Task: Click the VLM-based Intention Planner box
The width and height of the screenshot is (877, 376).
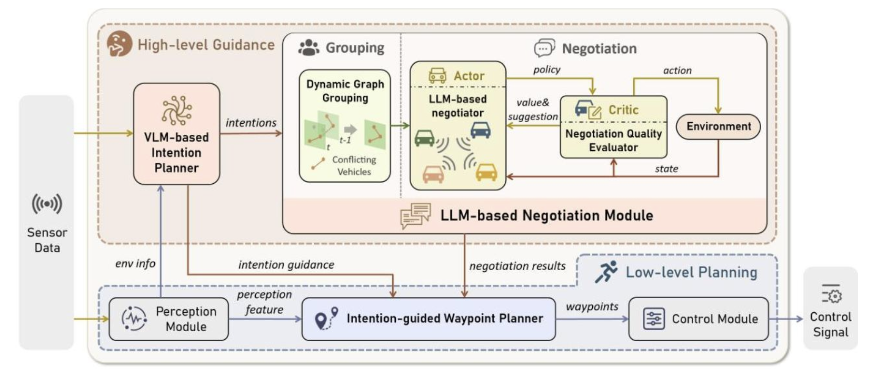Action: pyautogui.click(x=176, y=134)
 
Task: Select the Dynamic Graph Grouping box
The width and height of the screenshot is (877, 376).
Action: pyautogui.click(x=345, y=126)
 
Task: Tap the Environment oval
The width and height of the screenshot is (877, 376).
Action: pyautogui.click(x=719, y=126)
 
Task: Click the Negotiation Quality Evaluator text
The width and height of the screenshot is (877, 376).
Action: pyautogui.click(x=613, y=140)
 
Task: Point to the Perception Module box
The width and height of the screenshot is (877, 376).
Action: pyautogui.click(x=169, y=319)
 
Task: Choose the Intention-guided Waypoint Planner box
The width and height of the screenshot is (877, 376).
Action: pyautogui.click(x=428, y=319)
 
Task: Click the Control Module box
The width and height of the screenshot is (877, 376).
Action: pyautogui.click(x=699, y=319)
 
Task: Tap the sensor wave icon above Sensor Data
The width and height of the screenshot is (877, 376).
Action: pyautogui.click(x=47, y=204)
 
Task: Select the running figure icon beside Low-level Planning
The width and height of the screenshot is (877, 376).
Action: pyautogui.click(x=606, y=271)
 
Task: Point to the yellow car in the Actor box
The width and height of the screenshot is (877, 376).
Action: pyautogui.click(x=486, y=172)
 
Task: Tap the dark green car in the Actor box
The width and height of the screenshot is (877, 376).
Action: pyautogui.click(x=424, y=138)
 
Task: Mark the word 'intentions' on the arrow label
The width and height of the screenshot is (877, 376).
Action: pyautogui.click(x=251, y=123)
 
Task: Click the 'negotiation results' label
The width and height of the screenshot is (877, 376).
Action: pyautogui.click(x=517, y=266)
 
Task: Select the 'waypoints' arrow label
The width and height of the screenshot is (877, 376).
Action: pyautogui.click(x=592, y=306)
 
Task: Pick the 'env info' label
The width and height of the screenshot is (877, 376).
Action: pyautogui.click(x=135, y=264)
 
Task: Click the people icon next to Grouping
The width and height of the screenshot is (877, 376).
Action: pyautogui.click(x=309, y=48)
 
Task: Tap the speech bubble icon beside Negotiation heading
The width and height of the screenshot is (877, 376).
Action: pyautogui.click(x=545, y=48)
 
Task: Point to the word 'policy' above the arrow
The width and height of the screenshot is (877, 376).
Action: pyautogui.click(x=547, y=70)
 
